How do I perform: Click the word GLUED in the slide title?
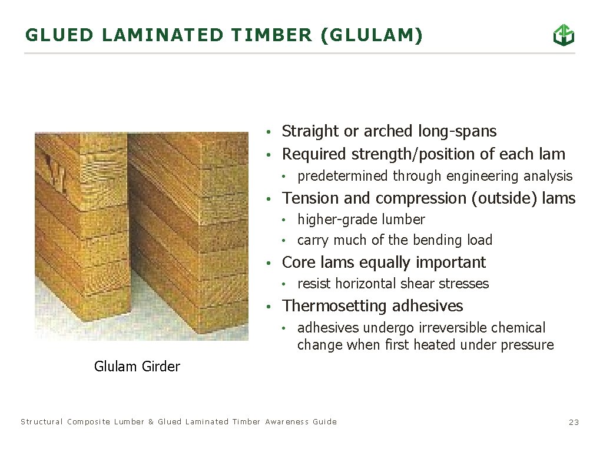[59, 35]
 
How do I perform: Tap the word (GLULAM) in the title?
[372, 35]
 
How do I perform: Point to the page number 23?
[574, 422]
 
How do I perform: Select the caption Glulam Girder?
[137, 367]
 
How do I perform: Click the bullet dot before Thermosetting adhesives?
[269, 307]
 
